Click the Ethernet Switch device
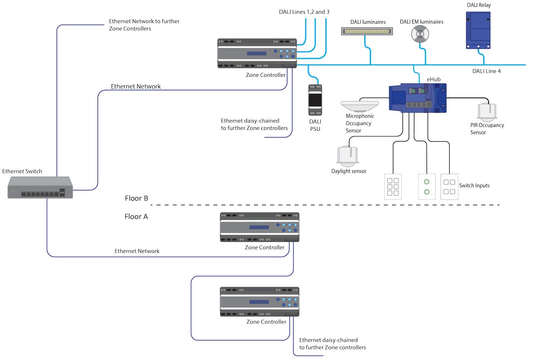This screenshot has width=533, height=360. (x=40, y=188)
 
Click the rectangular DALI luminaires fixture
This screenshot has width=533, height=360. (x=367, y=31)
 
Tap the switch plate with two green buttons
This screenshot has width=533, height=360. (x=426, y=186)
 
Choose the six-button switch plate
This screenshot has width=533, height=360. (x=393, y=187)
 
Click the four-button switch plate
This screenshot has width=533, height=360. (x=448, y=186)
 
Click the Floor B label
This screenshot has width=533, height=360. (x=136, y=199)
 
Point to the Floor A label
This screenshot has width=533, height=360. (x=136, y=216)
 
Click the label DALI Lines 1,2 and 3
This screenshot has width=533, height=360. (x=304, y=11)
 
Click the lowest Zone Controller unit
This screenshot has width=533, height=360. (x=259, y=301)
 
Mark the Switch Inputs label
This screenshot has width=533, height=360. (x=474, y=185)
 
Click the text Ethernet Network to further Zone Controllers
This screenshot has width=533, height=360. (x=144, y=25)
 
